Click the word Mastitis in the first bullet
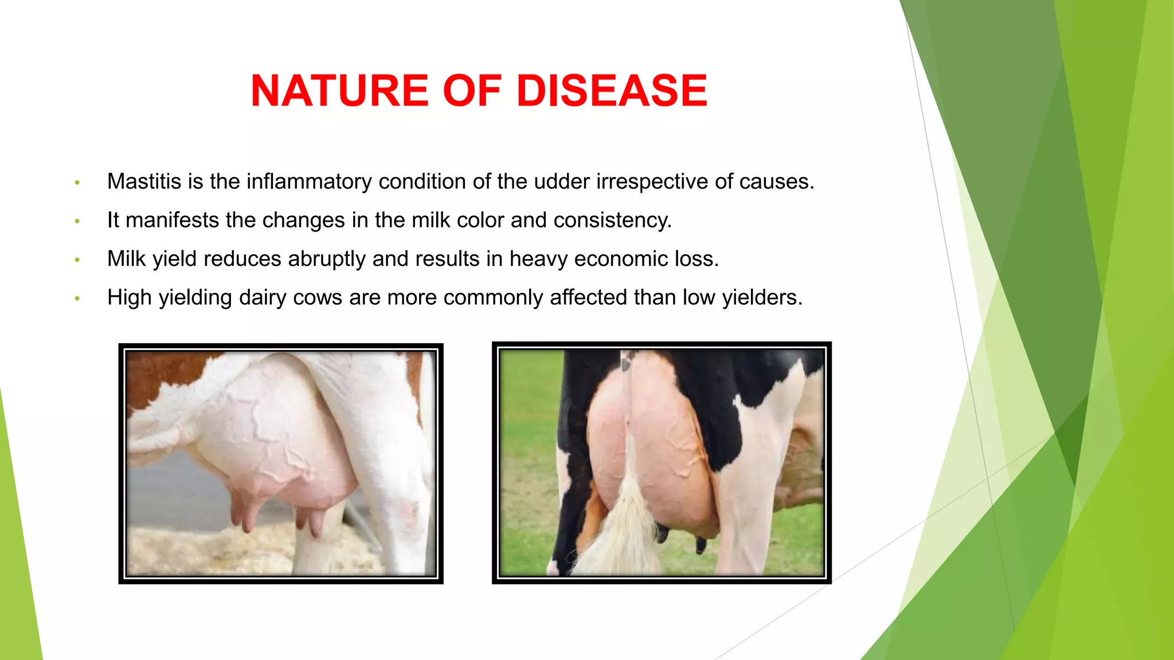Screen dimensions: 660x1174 pos(144,182)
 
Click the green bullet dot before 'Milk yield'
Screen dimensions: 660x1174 pos(77,260)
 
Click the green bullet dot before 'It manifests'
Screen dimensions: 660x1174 pos(77,221)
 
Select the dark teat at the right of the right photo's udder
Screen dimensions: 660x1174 pos(701,544)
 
